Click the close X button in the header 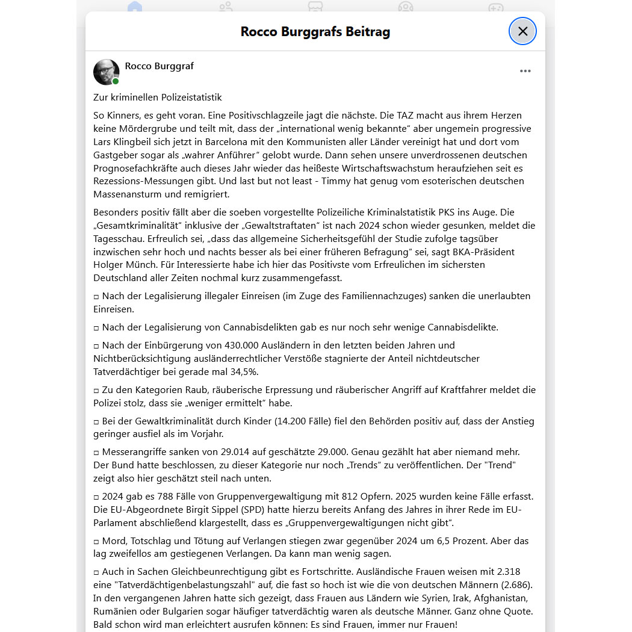tap(522, 31)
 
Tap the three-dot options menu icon tap(525, 71)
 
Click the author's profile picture tap(107, 72)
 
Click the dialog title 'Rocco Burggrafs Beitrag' tap(315, 31)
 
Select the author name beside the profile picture tap(160, 66)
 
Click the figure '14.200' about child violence tap(293, 421)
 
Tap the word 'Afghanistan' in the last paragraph tap(501, 598)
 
